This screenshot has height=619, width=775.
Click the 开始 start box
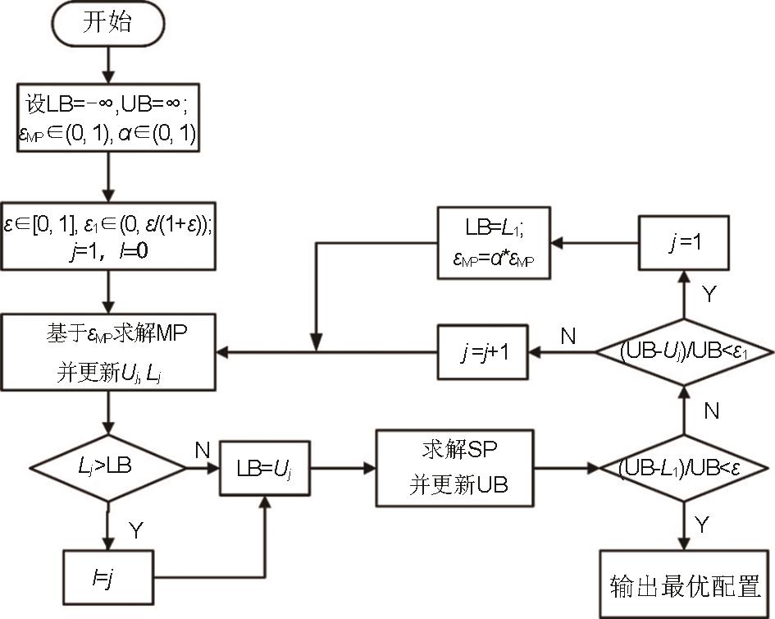(x=107, y=23)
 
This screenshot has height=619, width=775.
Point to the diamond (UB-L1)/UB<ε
(x=680, y=470)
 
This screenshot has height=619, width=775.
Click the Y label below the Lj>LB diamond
(x=135, y=530)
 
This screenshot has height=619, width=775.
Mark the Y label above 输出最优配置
(x=704, y=523)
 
